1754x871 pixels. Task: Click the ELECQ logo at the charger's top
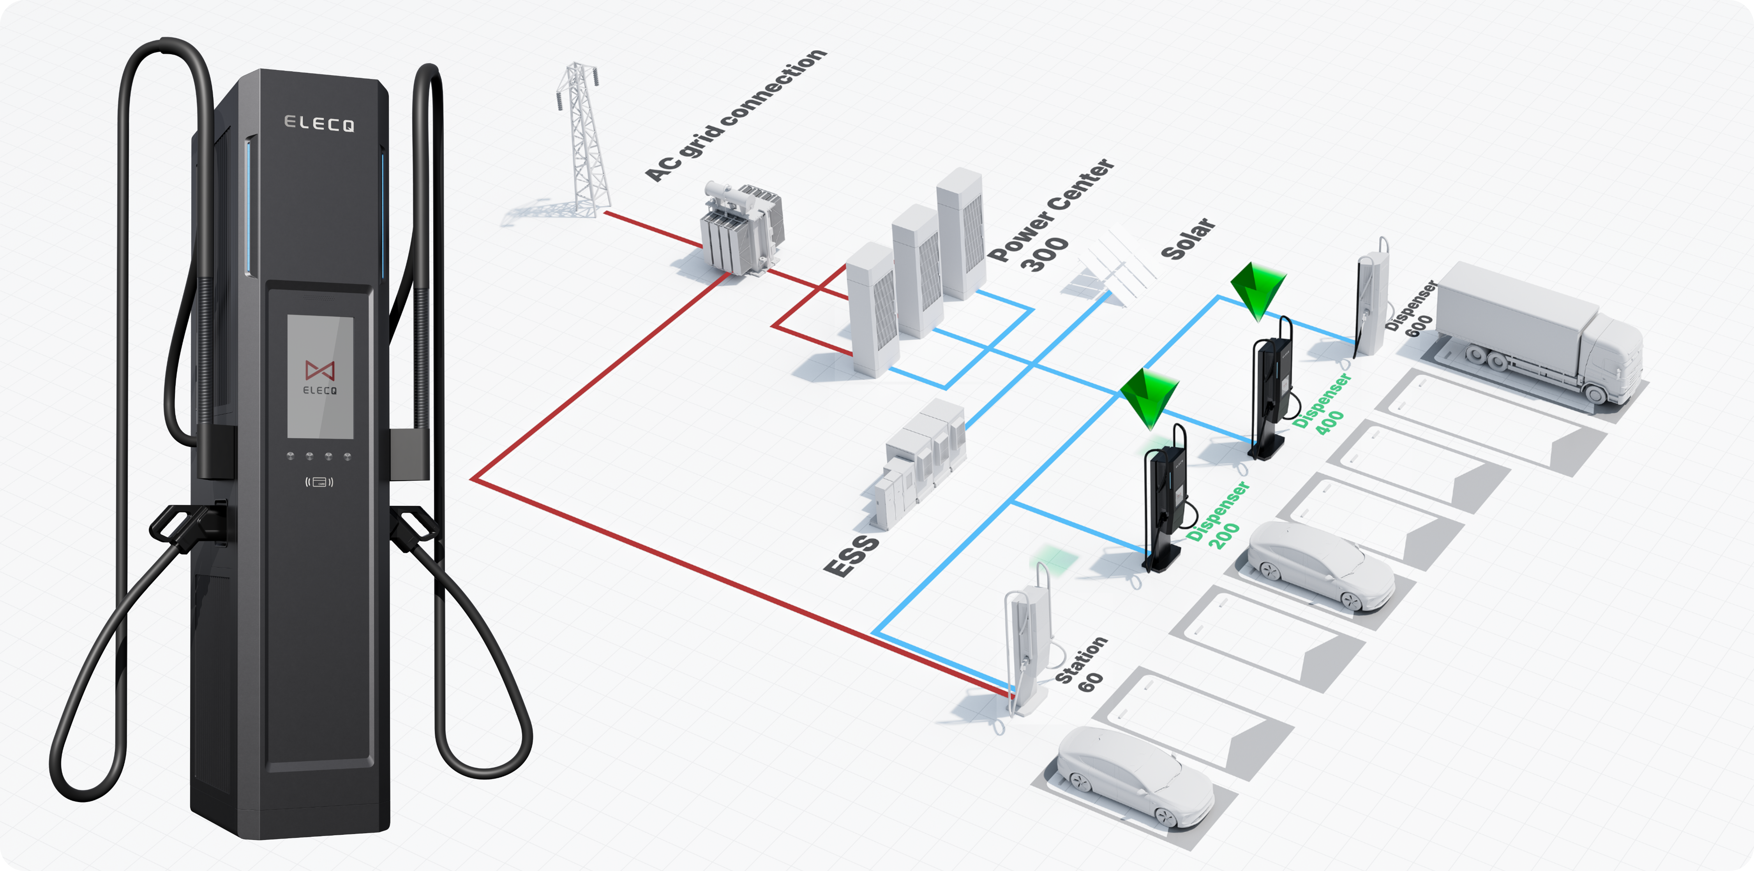coord(319,123)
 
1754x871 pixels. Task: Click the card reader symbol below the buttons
coord(319,482)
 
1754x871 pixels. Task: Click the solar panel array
coord(1110,269)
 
